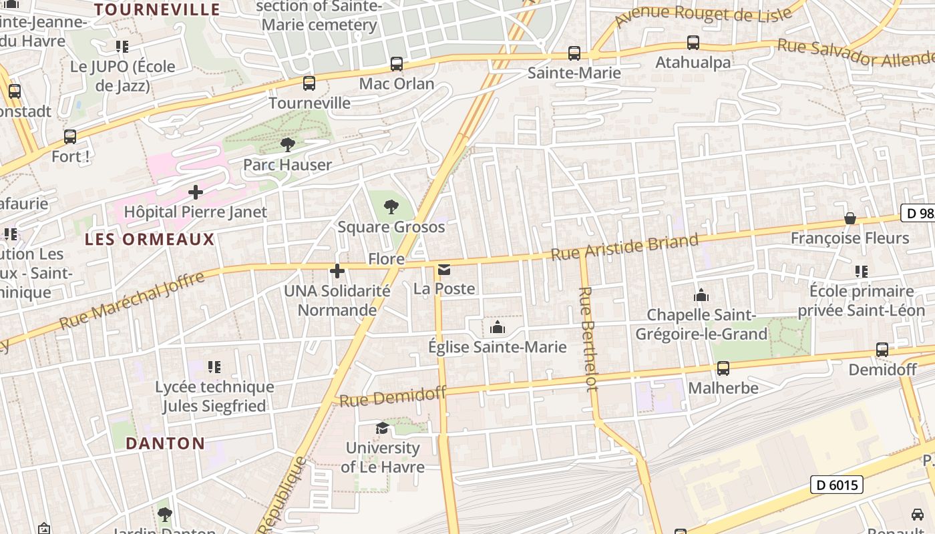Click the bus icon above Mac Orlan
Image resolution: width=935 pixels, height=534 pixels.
(397, 64)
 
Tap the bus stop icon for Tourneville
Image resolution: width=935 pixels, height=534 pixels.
(309, 83)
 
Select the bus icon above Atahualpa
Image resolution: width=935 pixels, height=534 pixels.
(693, 43)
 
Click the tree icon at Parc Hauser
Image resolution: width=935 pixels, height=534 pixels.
(287, 144)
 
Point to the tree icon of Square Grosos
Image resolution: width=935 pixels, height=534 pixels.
(391, 207)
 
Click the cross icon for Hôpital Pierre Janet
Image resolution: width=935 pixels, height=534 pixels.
(196, 192)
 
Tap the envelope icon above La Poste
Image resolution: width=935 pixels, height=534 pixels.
(444, 270)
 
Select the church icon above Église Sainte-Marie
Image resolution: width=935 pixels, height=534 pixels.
(498, 327)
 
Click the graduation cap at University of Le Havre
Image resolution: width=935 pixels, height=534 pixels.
(382, 428)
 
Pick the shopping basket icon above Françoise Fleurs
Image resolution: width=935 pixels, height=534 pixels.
(850, 218)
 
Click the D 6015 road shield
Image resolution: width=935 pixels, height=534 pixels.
(837, 485)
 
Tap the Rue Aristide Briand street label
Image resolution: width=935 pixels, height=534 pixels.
(624, 247)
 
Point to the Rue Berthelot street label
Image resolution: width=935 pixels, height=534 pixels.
(587, 339)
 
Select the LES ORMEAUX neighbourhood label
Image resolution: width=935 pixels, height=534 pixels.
(150, 239)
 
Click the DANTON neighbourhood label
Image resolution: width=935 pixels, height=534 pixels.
(165, 443)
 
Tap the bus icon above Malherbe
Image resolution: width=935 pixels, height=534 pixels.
(723, 368)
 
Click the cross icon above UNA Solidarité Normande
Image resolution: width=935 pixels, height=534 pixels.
(337, 270)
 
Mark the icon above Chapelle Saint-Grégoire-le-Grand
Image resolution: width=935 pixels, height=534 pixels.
(701, 294)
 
